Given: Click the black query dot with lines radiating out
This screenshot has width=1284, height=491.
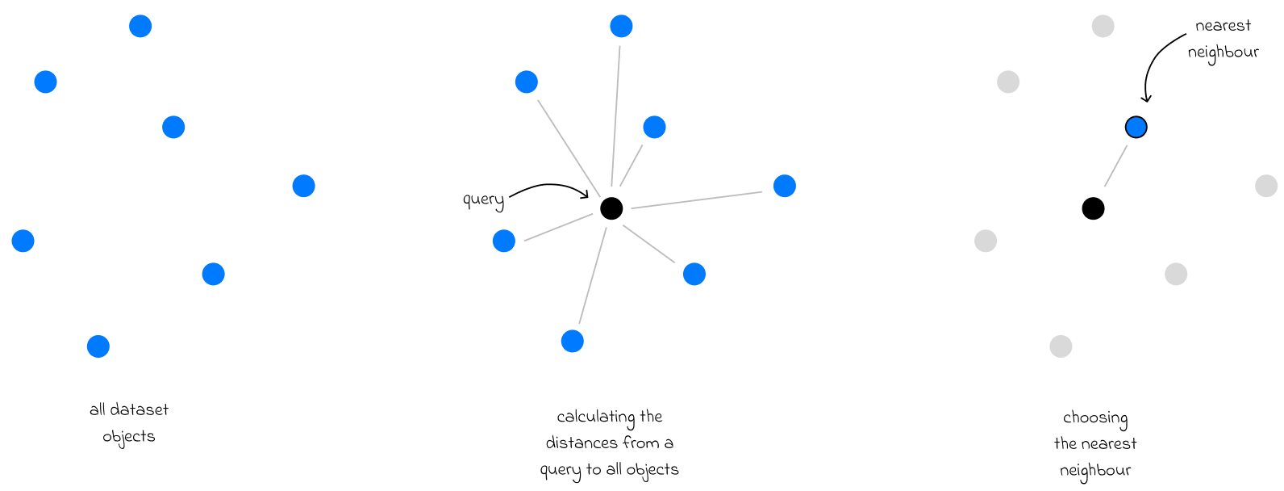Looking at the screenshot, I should pyautogui.click(x=611, y=208).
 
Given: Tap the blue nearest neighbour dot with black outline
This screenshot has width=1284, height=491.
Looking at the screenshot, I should pyautogui.click(x=1136, y=127).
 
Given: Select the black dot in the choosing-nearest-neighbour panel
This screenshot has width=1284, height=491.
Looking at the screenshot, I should pyautogui.click(x=1093, y=208).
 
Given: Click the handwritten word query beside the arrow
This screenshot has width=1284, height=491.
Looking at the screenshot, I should pyautogui.click(x=483, y=199).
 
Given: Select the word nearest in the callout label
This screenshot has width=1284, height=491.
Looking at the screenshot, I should pyautogui.click(x=1223, y=26).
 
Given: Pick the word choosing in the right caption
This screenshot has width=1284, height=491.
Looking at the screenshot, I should pyautogui.click(x=1094, y=418).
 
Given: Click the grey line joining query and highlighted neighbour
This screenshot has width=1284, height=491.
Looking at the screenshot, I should pyautogui.click(x=1115, y=166).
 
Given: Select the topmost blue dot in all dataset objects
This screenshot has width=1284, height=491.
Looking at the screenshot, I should pyautogui.click(x=140, y=26).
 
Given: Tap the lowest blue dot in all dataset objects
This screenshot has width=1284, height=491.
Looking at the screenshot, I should pyautogui.click(x=98, y=346).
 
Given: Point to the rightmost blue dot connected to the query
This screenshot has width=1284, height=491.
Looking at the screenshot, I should pyautogui.click(x=784, y=186).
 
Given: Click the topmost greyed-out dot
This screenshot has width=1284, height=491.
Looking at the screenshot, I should pyautogui.click(x=1103, y=26).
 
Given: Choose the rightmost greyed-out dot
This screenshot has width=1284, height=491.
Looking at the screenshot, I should pyautogui.click(x=1266, y=186).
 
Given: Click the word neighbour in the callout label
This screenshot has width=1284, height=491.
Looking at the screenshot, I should pyautogui.click(x=1223, y=52).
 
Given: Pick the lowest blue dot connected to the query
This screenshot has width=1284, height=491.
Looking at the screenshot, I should pyautogui.click(x=572, y=341).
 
